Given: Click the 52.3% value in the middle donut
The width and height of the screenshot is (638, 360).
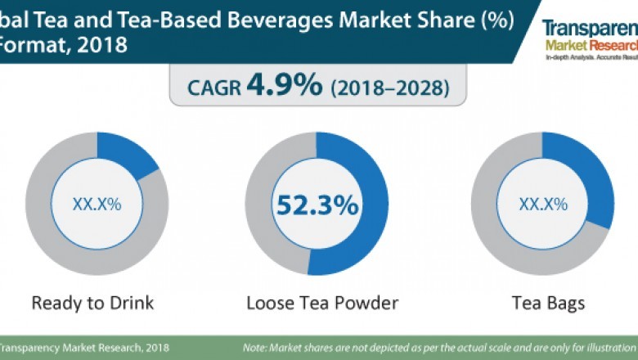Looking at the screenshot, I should (x=317, y=205).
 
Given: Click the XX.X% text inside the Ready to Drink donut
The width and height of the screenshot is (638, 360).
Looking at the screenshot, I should (x=97, y=205).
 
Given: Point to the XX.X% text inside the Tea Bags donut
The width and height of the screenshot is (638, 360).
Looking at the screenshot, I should (x=542, y=205).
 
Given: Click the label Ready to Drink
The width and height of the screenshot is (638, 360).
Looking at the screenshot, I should (x=92, y=303).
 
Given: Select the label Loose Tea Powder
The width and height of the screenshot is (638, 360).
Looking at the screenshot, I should (x=322, y=303).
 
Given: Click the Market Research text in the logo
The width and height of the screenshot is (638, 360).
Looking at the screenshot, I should (x=590, y=45).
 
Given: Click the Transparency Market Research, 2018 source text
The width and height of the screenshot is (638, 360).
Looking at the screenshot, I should (x=86, y=348).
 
